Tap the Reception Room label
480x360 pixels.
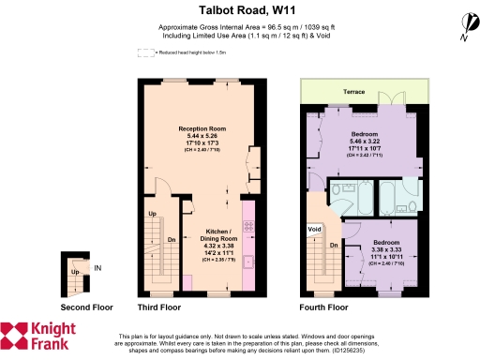202,127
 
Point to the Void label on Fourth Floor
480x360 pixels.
315,229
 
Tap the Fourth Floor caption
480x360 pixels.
322,307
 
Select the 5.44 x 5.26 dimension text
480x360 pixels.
202,136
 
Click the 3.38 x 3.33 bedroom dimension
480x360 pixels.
379,251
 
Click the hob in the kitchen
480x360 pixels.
247,226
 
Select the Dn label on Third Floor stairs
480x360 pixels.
172,238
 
